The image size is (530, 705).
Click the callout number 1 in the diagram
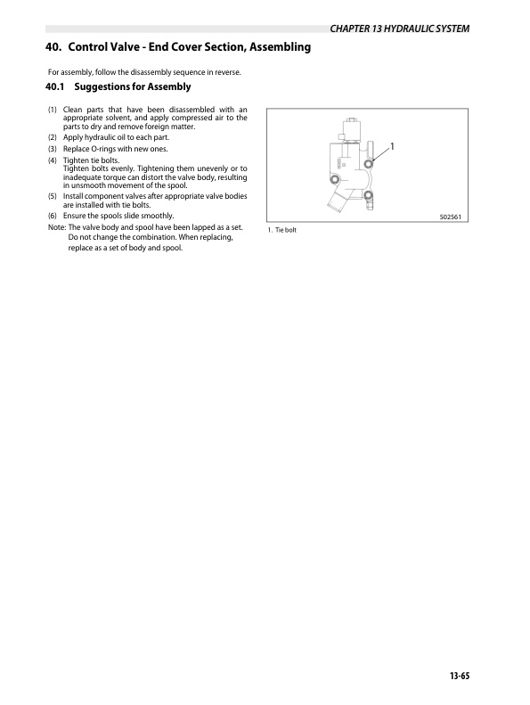(x=392, y=145)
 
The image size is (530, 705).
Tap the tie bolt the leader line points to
(x=369, y=164)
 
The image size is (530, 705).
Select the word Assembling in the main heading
(x=270, y=46)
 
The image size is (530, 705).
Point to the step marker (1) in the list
(x=53, y=110)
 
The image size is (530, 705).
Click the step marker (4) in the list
(x=53, y=160)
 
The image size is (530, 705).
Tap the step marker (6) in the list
(x=53, y=217)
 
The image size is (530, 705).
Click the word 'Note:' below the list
(x=55, y=227)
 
